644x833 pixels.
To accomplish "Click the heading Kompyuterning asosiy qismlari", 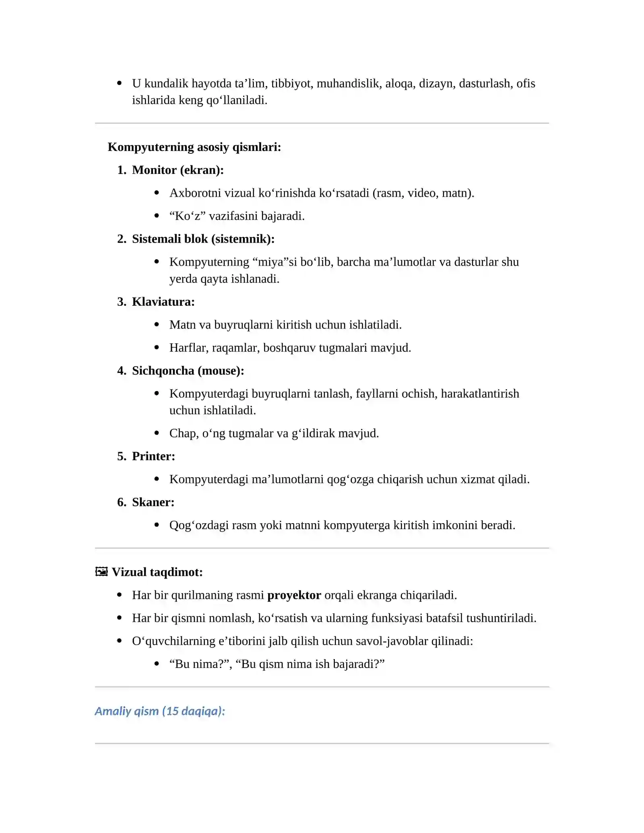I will [x=194, y=147].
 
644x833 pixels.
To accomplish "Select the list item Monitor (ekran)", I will [x=178, y=170].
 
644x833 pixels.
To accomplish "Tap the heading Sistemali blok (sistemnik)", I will [x=203, y=239].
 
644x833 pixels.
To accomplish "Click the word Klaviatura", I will [x=163, y=301].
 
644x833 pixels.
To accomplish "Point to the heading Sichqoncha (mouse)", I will [x=188, y=370].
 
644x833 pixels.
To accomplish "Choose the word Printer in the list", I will [x=153, y=456].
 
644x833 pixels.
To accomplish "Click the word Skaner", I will [x=153, y=502].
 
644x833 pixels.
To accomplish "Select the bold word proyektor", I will [x=294, y=595].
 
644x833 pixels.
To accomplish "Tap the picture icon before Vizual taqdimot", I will [x=101, y=572].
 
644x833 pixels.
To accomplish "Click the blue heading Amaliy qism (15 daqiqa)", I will [x=160, y=711].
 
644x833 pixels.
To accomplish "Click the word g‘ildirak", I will [x=313, y=433].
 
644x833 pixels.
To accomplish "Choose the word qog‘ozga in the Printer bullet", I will [x=350, y=479].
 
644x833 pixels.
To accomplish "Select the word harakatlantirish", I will [x=480, y=393].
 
